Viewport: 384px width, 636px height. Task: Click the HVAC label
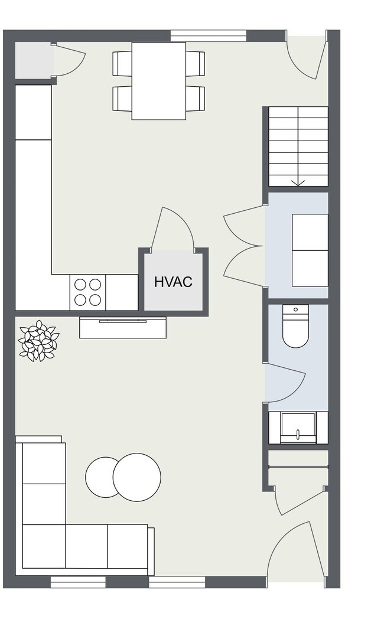pos(173,282)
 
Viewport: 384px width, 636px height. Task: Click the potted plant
pos(39,341)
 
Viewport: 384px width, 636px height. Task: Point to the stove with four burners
pos(88,292)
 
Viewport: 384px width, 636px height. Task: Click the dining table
pos(158,81)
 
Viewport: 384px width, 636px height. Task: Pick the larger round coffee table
pos(137,477)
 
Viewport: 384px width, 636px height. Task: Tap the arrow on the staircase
pos(298,182)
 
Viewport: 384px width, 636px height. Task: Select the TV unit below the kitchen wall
pos(123,327)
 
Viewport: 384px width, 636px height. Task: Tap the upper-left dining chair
pos(122,63)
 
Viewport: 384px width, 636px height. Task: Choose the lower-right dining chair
pos(195,98)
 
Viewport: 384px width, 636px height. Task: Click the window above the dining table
pos(209,35)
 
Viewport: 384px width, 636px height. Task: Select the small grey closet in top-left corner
pos(33,60)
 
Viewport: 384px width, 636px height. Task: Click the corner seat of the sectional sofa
pos(44,546)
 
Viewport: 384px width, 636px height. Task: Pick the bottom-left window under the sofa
pos(78,582)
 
